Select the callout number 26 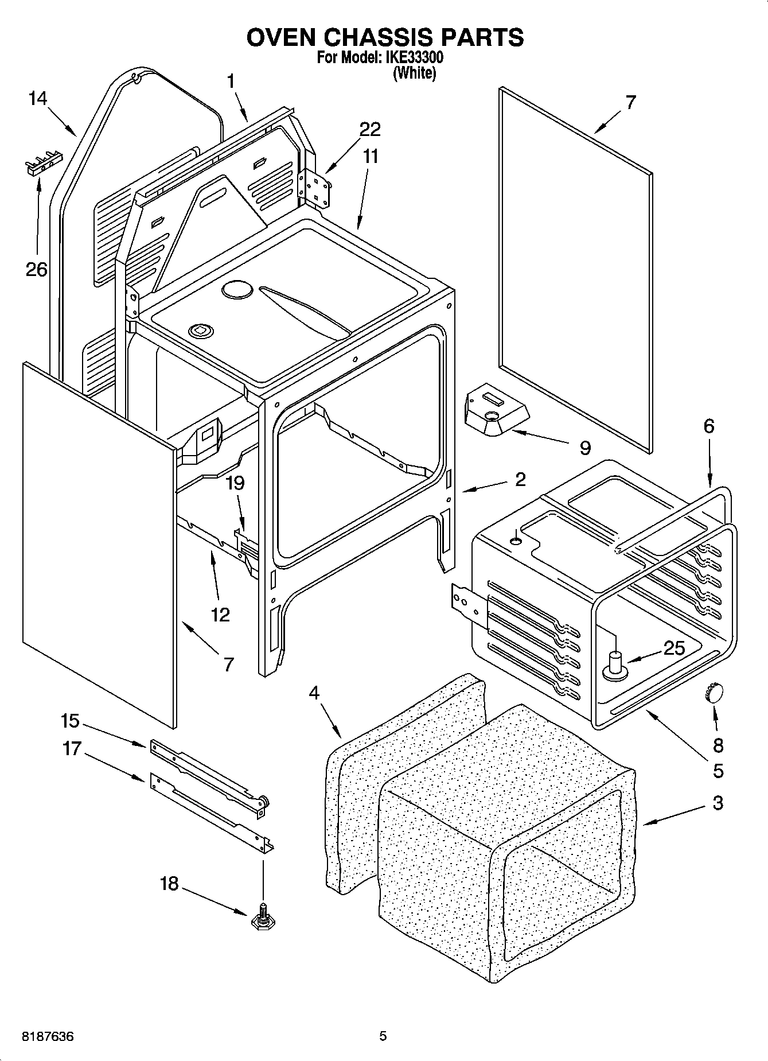37,269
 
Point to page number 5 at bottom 383,1036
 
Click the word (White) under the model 414,73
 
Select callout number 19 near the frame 235,483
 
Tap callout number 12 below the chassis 220,615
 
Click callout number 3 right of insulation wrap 718,803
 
